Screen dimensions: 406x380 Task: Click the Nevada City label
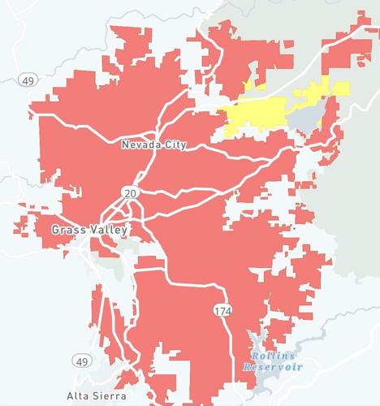pos(153,145)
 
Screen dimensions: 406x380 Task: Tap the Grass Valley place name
pos(89,231)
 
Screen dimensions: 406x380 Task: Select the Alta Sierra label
pos(97,396)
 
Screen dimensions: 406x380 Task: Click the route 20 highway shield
pos(129,192)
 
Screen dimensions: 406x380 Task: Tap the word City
pos(174,145)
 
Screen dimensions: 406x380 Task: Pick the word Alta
pos(78,396)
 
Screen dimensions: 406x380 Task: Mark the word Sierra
pos(110,396)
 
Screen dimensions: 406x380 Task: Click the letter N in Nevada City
pos(124,145)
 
